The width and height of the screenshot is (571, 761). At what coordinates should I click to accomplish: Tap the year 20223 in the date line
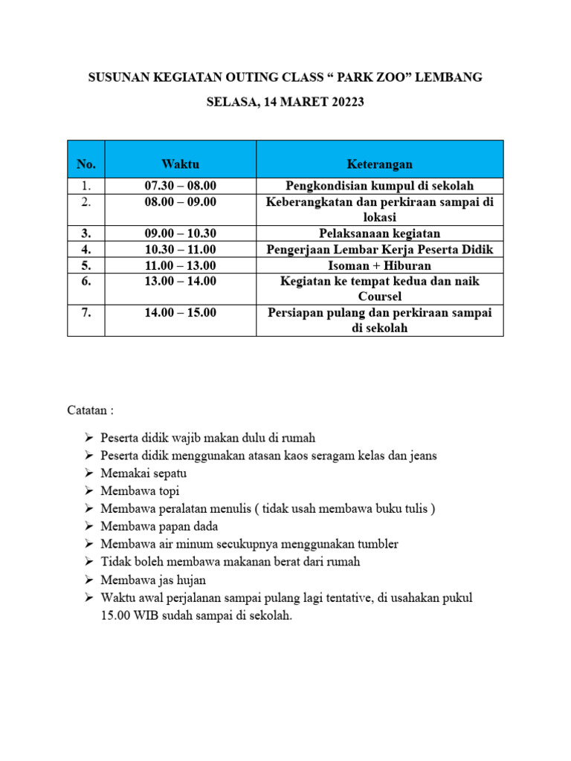(339, 103)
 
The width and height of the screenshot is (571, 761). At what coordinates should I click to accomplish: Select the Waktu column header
(180, 163)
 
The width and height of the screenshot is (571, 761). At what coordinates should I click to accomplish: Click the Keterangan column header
(379, 163)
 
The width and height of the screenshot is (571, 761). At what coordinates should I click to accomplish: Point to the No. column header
(86, 163)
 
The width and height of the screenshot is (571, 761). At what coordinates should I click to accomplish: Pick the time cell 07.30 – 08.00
(180, 186)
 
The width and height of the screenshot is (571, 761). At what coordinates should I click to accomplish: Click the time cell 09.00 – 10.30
(180, 233)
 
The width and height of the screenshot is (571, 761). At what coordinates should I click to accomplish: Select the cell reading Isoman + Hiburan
(379, 265)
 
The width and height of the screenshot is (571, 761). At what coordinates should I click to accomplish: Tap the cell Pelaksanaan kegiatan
(379, 233)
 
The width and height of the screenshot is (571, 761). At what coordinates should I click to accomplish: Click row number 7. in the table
(86, 313)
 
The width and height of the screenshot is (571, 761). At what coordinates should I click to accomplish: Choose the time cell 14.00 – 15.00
(180, 313)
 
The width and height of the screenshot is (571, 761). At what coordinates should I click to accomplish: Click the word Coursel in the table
(379, 297)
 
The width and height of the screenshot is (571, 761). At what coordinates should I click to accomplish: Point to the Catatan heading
(91, 410)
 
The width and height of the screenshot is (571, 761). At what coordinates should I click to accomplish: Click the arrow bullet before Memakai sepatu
(88, 473)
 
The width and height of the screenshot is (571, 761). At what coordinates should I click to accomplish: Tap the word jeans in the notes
(422, 456)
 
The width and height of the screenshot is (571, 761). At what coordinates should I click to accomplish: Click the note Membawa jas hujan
(153, 580)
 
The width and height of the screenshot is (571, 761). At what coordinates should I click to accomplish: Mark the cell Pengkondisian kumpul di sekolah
(379, 186)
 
